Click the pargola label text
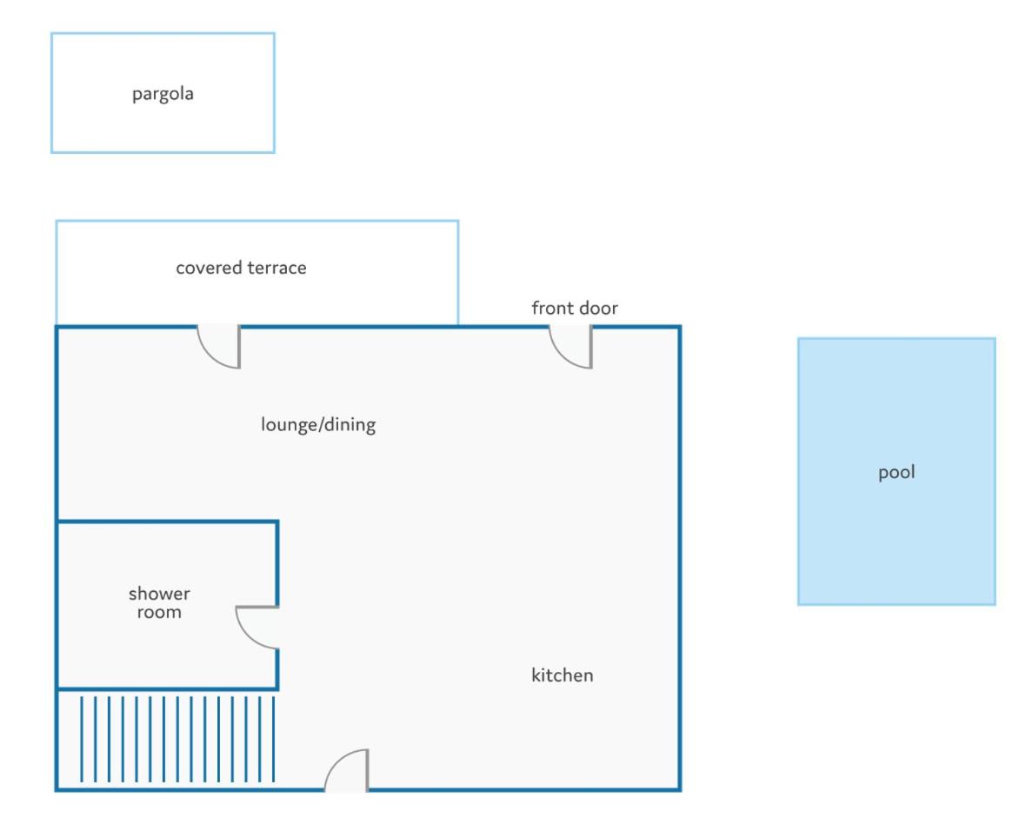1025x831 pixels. tap(163, 94)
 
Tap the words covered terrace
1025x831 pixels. tap(241, 268)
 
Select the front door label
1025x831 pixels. tap(575, 308)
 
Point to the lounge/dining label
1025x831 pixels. tap(318, 425)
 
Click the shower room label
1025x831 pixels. tap(159, 602)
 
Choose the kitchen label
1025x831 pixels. tap(562, 675)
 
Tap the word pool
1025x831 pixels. tap(896, 472)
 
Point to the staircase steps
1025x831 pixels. tap(177, 739)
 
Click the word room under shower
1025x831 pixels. tap(159, 613)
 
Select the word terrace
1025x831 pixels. tap(277, 268)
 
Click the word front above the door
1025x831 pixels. tap(553, 308)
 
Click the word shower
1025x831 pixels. tap(159, 594)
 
